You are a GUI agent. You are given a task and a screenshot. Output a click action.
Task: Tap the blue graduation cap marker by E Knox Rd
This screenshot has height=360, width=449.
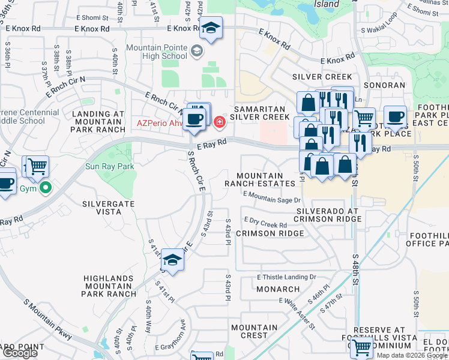pos(211,28)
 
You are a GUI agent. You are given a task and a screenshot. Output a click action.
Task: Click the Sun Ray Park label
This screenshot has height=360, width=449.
pos(109,166)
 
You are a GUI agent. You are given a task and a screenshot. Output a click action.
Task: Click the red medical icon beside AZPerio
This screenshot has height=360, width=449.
pos(219,122)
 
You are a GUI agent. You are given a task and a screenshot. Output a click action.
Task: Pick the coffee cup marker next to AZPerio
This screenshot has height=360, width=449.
pos(194,119)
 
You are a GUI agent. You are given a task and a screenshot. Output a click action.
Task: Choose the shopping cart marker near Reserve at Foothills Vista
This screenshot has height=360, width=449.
pos(361,347)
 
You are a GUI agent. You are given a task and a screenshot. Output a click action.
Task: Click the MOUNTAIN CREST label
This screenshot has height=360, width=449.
pos(254,331)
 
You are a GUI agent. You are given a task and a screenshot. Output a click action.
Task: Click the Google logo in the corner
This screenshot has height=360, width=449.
pos(20,353)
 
